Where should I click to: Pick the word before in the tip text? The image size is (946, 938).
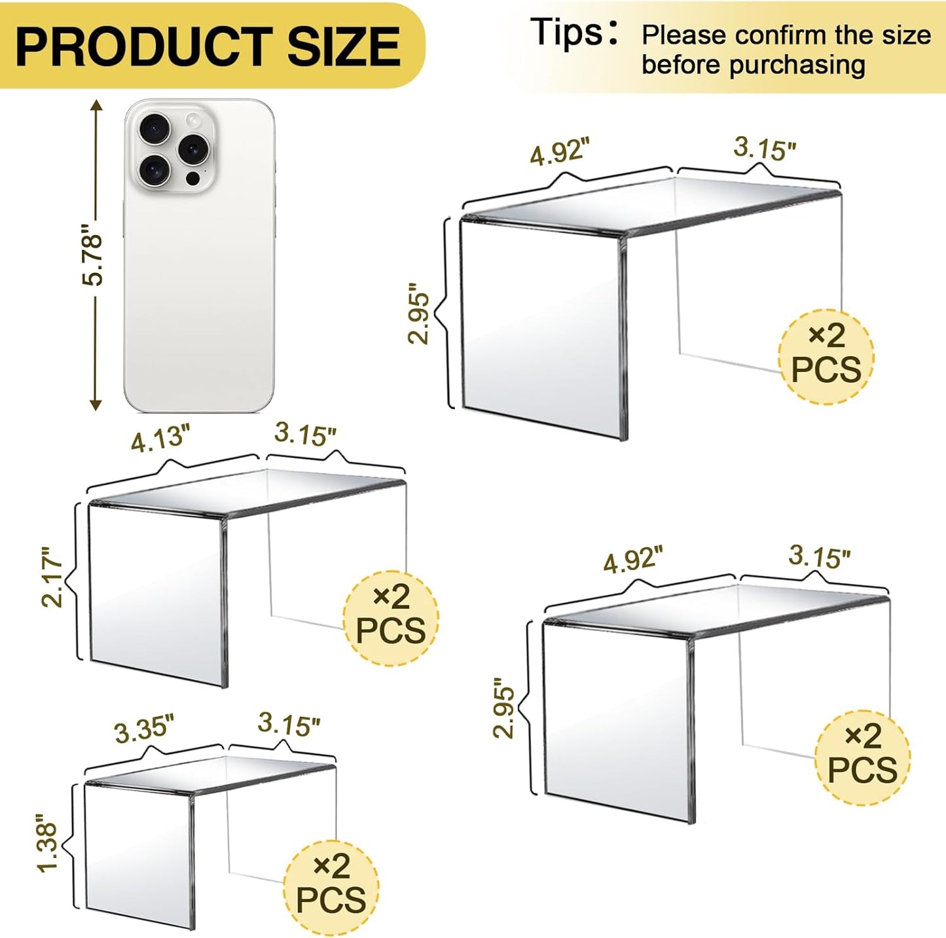tap(681, 65)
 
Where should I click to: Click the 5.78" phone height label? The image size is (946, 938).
tap(93, 255)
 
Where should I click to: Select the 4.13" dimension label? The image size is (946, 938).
tap(160, 438)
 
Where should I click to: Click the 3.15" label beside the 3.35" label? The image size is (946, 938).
tap(289, 724)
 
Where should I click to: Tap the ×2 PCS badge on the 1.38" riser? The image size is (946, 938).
tap(331, 886)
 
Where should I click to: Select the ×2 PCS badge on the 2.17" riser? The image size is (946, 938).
tap(391, 615)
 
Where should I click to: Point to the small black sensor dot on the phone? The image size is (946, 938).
tap(192, 178)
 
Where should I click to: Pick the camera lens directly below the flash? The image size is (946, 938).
tap(192, 149)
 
